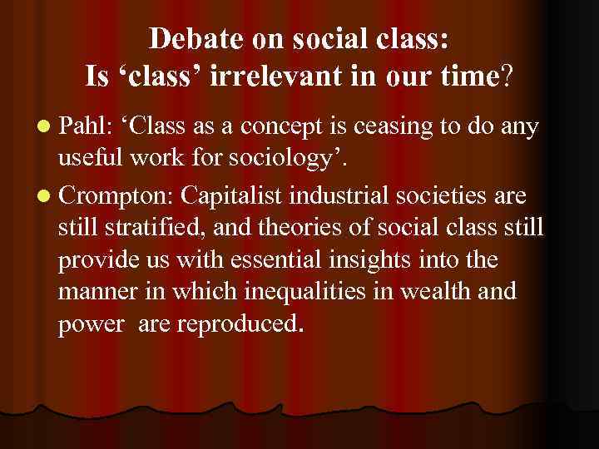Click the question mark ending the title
[507, 77]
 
